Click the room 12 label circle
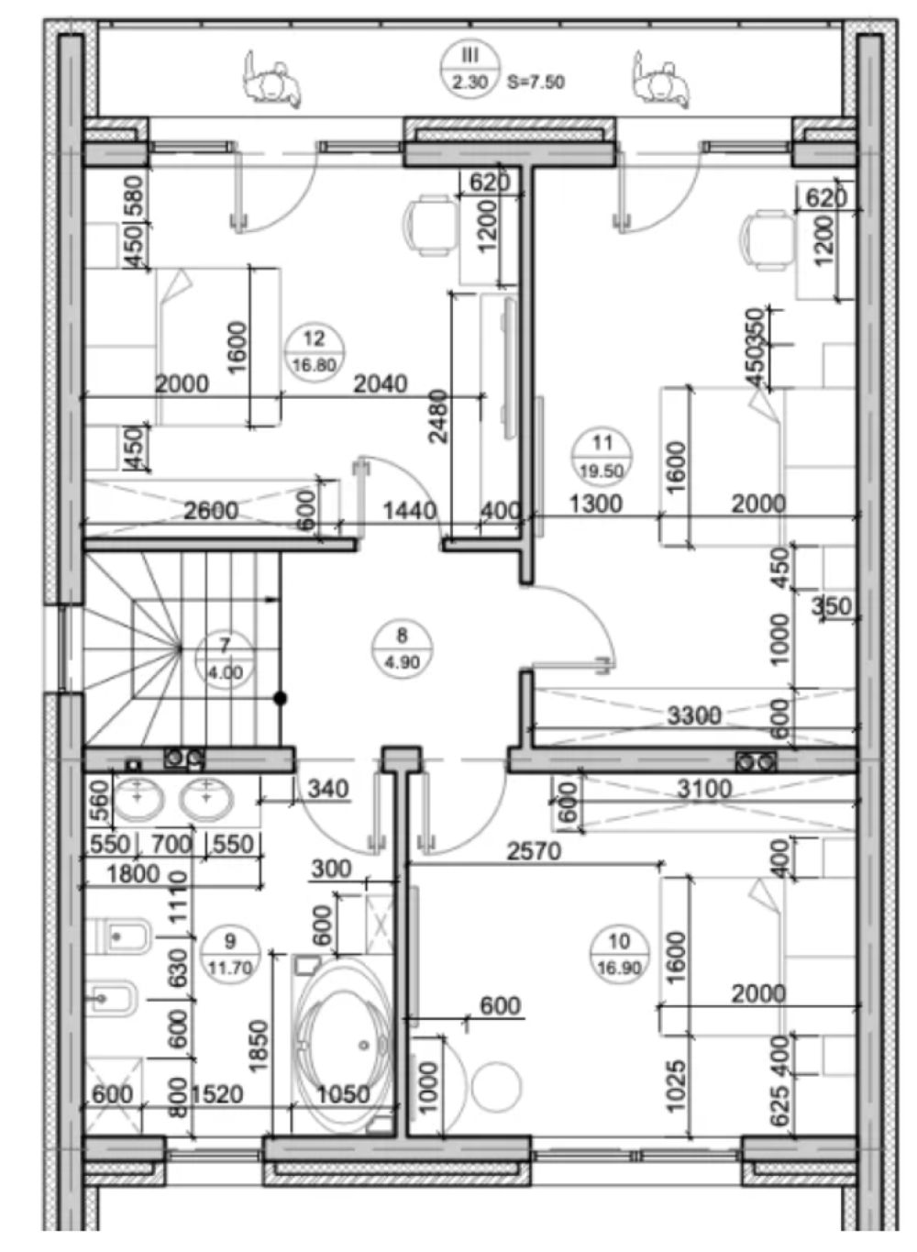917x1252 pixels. click(314, 353)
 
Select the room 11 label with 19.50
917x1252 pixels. click(602, 457)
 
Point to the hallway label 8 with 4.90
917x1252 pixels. click(402, 649)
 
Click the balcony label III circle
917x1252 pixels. click(470, 70)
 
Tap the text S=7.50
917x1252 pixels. click(536, 83)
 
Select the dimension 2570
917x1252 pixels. click(534, 851)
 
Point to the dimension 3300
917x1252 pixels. click(694, 715)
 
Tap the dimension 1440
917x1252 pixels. click(410, 511)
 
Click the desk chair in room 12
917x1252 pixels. click(430, 226)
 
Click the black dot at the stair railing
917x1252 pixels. click(281, 698)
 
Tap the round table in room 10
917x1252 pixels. click(496, 1087)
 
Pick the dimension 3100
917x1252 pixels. click(704, 789)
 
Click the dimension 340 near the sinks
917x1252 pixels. click(328, 789)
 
